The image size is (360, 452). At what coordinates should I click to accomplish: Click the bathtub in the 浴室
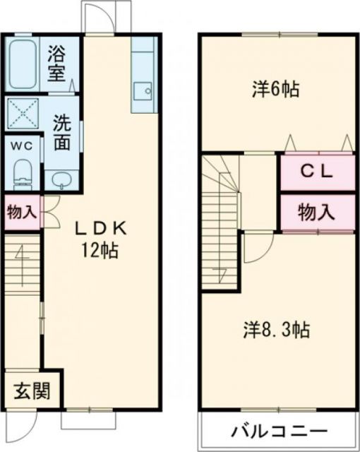coord(23,64)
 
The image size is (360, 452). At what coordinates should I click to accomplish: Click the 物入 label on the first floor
coord(21,213)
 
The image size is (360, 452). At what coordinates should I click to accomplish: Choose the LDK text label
coord(102,227)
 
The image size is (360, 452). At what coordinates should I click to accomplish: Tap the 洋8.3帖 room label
coord(278,329)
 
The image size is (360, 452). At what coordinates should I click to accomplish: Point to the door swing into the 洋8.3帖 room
coord(258,249)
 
